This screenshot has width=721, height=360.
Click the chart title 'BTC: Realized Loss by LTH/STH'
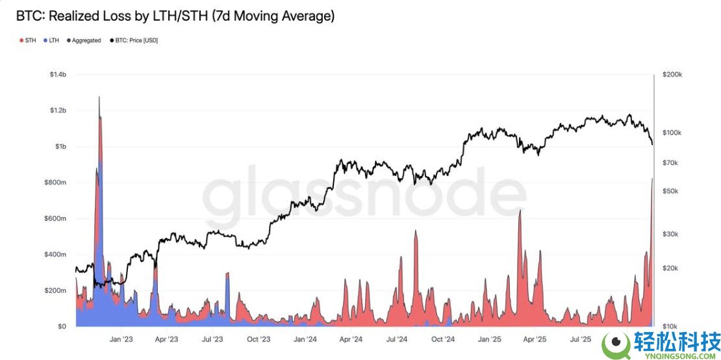[175, 16]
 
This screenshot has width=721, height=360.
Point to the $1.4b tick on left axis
[57, 75]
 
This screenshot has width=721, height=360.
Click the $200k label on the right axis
[672, 75]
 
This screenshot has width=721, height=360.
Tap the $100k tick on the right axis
[672, 133]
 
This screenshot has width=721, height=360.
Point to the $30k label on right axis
[671, 234]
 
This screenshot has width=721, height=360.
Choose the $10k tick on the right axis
[671, 326]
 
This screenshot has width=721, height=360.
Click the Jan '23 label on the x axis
[121, 339]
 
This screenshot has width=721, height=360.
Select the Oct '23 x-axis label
[259, 339]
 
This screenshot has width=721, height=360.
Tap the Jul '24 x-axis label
[397, 339]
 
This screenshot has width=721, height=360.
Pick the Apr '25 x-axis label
[534, 339]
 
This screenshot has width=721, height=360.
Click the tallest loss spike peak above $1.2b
[99, 97]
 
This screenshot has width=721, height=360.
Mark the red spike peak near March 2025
[520, 211]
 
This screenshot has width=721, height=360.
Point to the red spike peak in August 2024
[415, 231]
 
